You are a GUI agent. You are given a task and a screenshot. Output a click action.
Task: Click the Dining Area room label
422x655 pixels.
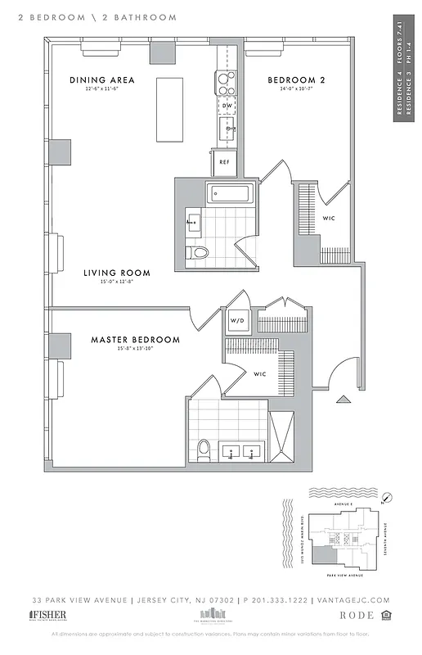click(101, 80)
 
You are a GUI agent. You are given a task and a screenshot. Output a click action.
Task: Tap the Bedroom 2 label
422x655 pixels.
click(297, 80)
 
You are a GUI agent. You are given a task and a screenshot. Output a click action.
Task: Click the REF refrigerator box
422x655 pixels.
click(224, 162)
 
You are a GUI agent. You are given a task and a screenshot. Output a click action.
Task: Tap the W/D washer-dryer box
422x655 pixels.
click(239, 320)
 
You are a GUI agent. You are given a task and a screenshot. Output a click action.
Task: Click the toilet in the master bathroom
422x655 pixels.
click(204, 448)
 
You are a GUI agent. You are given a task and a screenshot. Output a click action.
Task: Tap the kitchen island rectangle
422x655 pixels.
click(169, 110)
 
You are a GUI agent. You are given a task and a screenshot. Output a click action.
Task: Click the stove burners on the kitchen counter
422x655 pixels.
click(225, 82)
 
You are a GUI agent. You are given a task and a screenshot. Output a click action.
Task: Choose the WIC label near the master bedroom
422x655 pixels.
click(259, 374)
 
